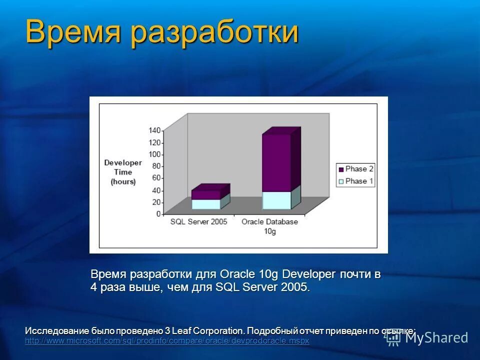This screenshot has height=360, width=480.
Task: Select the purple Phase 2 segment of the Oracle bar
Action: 276,162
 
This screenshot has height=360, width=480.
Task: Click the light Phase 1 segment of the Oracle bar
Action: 276,200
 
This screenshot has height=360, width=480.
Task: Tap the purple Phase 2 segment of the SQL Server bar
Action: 205,194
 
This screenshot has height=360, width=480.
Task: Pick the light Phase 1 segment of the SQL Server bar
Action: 205,204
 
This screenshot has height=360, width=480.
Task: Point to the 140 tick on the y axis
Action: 155,130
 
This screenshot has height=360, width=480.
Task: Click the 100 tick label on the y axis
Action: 155,154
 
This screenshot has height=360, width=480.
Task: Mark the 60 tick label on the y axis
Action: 156,178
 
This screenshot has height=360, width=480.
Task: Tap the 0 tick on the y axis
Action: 158,214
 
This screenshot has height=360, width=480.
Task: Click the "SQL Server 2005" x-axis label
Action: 198,221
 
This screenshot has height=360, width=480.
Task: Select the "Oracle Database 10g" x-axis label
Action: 269,226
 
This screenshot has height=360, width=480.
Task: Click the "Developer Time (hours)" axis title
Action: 123,172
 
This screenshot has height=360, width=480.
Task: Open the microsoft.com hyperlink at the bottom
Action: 167,340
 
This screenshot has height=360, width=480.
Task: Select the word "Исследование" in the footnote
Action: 57,331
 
